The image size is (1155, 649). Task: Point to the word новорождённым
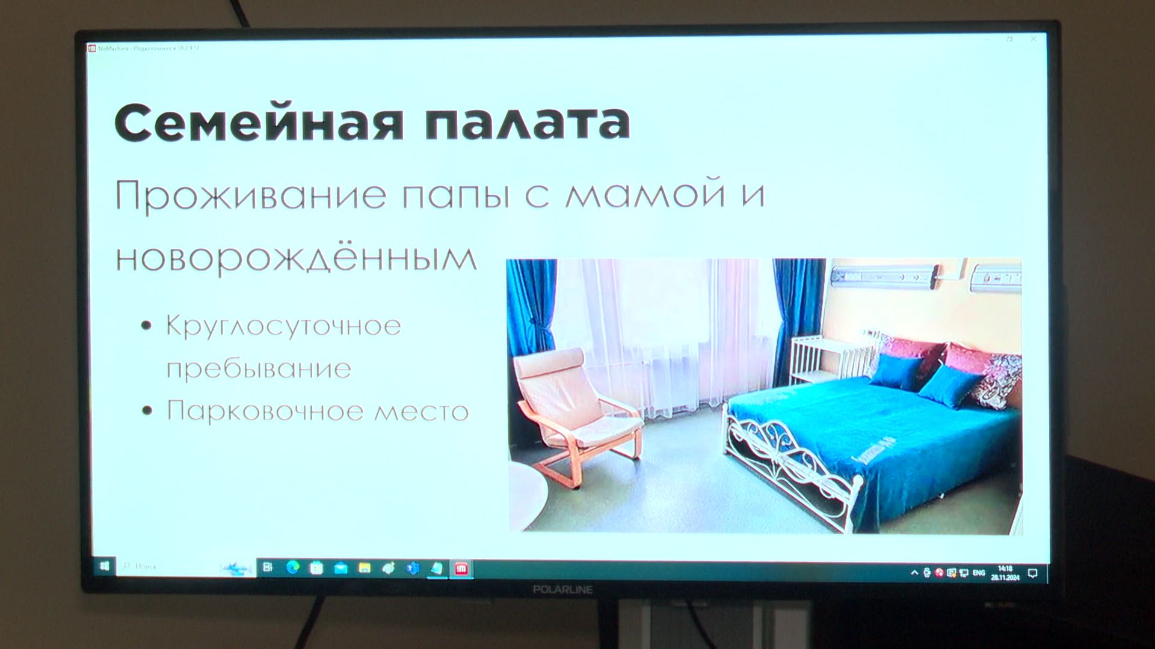point(296,257)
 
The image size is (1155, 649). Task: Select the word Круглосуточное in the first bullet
point(283,326)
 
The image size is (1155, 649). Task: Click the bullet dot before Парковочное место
point(147,411)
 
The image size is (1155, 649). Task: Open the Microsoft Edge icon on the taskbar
point(293,567)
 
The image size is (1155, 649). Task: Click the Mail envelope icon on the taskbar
point(340,568)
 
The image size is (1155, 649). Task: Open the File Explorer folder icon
point(365,568)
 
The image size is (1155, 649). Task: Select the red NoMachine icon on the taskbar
point(461,568)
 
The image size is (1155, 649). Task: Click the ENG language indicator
point(979,573)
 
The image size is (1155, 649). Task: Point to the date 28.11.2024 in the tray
point(1005,577)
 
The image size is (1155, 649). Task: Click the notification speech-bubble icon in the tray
point(1033,573)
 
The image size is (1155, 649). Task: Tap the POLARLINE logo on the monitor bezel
point(562,590)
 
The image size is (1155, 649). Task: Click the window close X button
point(1033,39)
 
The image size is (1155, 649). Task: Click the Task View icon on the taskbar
point(268,567)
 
